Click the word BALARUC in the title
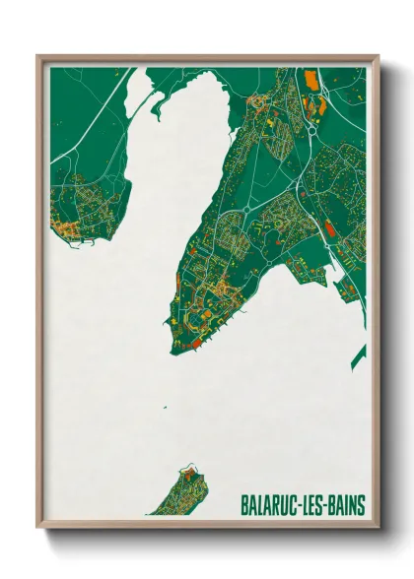point(270,505)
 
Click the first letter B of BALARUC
point(244,505)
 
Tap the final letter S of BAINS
point(361,505)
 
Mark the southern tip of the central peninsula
point(172,352)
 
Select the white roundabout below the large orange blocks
point(313,127)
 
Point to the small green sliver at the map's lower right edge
point(359,354)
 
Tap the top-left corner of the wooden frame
point(38,56)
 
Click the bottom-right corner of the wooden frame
point(379,527)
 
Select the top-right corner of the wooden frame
point(379,56)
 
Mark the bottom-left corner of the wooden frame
point(38,527)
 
